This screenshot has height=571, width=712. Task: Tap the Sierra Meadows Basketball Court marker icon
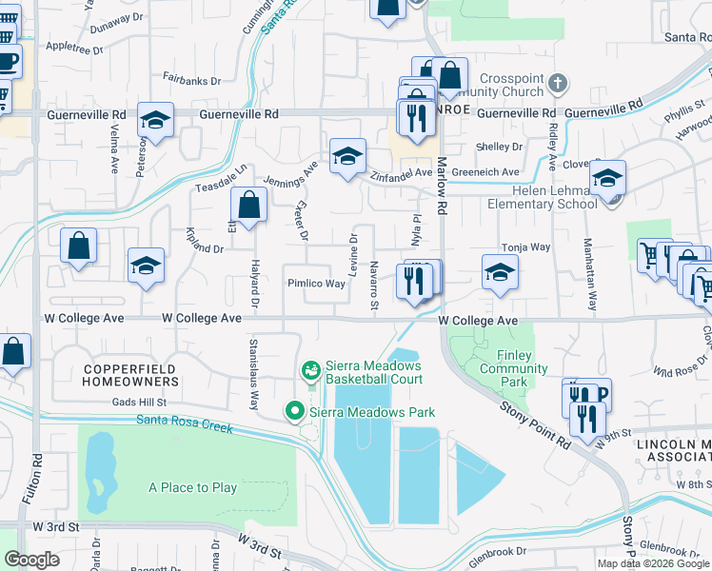click(310, 370)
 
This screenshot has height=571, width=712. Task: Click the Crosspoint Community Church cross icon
click(559, 85)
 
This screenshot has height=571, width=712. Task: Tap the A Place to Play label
click(192, 488)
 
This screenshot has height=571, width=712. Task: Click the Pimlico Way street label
click(316, 284)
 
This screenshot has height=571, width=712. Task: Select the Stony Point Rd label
click(536, 423)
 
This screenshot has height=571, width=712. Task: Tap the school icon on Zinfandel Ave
click(348, 155)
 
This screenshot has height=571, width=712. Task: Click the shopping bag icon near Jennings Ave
click(248, 205)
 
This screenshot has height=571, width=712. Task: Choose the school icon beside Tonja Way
click(500, 272)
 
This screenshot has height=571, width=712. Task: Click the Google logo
click(32, 560)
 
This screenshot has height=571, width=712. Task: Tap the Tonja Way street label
click(526, 246)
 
